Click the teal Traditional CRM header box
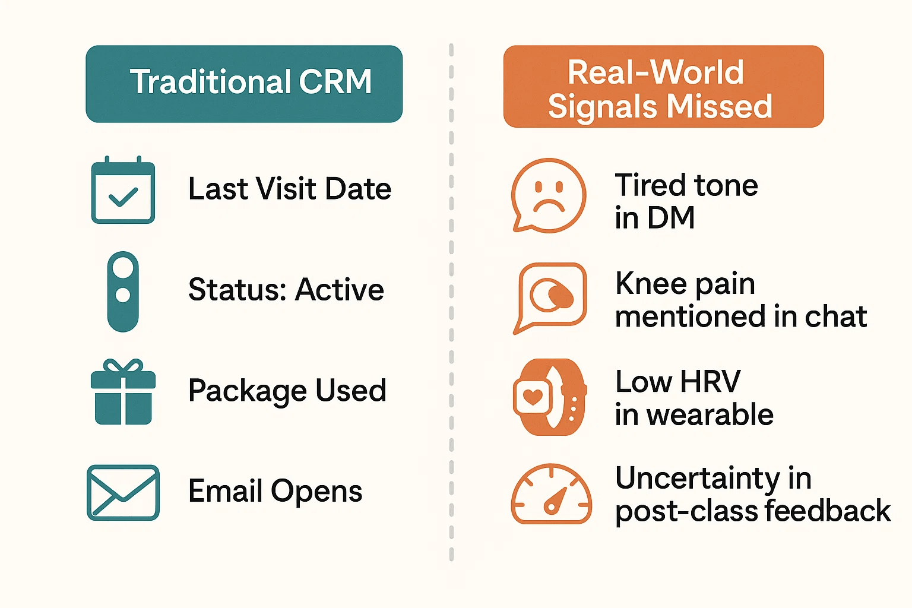point(244,84)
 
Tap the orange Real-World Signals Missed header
point(663,87)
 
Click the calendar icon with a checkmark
point(123,191)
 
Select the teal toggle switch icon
point(123,291)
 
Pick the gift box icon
point(123,392)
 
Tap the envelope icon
point(123,492)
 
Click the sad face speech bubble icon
point(549,195)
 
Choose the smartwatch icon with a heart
point(549,397)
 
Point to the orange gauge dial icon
point(551,494)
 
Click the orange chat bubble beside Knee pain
point(550,297)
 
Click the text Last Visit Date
point(290,189)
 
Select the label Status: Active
point(286,290)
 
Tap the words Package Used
point(287,391)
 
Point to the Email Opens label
point(275,492)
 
